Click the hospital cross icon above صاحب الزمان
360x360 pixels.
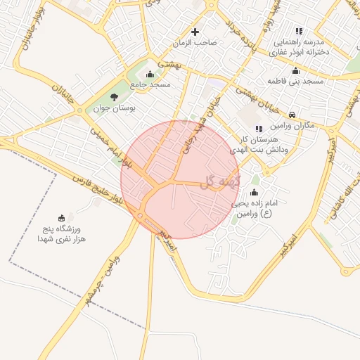(x=195, y=32)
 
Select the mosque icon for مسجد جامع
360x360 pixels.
(x=149, y=75)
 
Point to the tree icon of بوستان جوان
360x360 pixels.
(x=115, y=97)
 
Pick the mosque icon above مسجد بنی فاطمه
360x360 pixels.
(x=295, y=70)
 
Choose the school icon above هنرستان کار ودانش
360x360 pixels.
(x=259, y=129)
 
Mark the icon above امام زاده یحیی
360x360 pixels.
(x=254, y=192)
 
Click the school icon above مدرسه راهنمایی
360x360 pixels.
(x=299, y=31)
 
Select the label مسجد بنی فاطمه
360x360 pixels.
(x=295, y=82)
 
